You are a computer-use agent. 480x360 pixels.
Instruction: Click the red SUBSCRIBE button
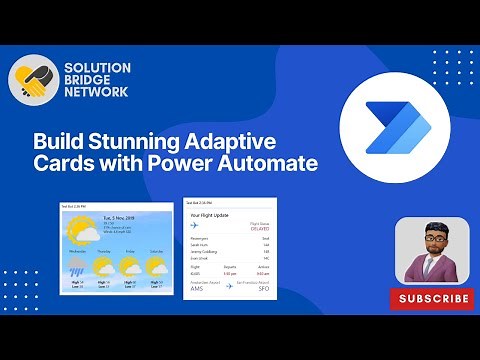(433, 298)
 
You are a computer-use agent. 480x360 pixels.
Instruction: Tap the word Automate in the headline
(269, 162)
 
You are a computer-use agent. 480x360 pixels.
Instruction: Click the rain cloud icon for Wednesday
(76, 269)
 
